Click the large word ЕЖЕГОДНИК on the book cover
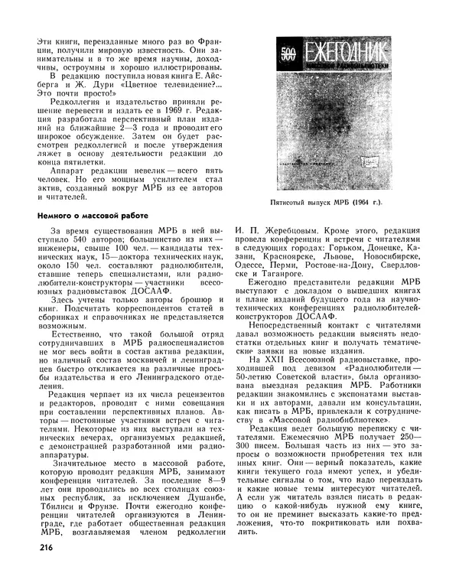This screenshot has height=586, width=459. pos(343,54)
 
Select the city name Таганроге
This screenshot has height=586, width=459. pos(289,273)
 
